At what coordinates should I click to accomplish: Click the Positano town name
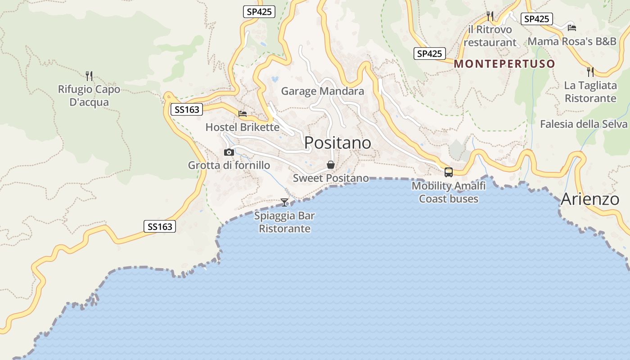pyautogui.click(x=337, y=143)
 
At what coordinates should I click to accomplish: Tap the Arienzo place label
pyautogui.click(x=590, y=199)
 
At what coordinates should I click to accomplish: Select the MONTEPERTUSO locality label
pyautogui.click(x=504, y=64)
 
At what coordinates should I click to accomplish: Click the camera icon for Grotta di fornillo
pyautogui.click(x=229, y=152)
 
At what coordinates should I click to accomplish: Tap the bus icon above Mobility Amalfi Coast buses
pyautogui.click(x=449, y=172)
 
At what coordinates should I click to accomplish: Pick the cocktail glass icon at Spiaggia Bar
pyautogui.click(x=284, y=202)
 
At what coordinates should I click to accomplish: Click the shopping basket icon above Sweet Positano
pyautogui.click(x=331, y=165)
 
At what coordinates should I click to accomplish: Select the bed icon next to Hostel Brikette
pyautogui.click(x=243, y=114)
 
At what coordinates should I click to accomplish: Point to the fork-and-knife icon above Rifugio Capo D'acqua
pyautogui.click(x=89, y=76)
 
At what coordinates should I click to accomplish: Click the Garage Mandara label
pyautogui.click(x=322, y=91)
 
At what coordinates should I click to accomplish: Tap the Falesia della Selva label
pyautogui.click(x=584, y=124)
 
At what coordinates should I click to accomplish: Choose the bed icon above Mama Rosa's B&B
pyautogui.click(x=572, y=27)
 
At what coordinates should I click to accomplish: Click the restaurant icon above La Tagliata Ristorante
pyautogui.click(x=590, y=72)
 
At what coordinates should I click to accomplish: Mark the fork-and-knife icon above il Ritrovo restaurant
pyautogui.click(x=490, y=16)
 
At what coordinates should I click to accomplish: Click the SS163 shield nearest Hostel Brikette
pyautogui.click(x=187, y=109)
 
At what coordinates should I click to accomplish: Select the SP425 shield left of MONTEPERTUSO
pyautogui.click(x=429, y=54)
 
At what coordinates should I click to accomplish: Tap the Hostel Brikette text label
pyautogui.click(x=243, y=127)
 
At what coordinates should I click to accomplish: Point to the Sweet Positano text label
pyautogui.click(x=331, y=178)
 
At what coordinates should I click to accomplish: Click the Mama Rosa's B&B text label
pyautogui.click(x=572, y=41)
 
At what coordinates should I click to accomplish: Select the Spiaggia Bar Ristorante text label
pyautogui.click(x=284, y=222)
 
